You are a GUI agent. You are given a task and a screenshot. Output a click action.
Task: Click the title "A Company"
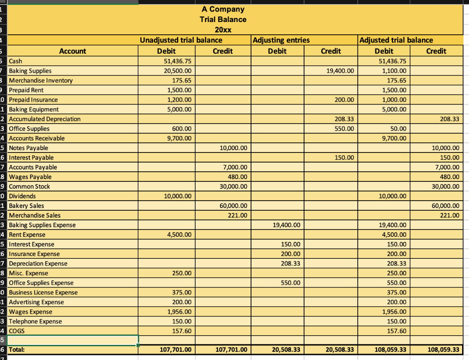point(223,9)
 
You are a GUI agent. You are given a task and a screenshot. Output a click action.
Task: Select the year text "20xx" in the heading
point(223,30)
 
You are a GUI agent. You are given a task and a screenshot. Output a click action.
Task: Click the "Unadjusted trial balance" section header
point(180,40)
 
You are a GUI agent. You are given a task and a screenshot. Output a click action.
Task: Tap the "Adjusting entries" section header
point(281,40)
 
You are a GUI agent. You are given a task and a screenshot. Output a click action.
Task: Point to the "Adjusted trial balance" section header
point(396,40)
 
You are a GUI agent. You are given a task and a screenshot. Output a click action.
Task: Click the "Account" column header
point(72,51)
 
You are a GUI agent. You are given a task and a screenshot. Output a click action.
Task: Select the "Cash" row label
point(16,61)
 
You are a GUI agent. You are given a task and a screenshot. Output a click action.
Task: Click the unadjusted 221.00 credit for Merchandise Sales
point(238,215)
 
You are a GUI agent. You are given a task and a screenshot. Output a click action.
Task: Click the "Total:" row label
point(17,350)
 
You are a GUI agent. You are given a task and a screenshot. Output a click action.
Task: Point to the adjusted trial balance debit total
point(389,350)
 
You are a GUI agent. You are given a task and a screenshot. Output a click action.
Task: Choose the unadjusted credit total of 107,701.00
point(230,350)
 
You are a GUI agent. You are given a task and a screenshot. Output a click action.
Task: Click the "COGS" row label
point(17,331)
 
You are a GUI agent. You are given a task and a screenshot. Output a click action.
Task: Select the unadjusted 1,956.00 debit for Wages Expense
point(181,311)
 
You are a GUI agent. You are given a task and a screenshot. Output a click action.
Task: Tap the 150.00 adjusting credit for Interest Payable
point(344,158)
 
